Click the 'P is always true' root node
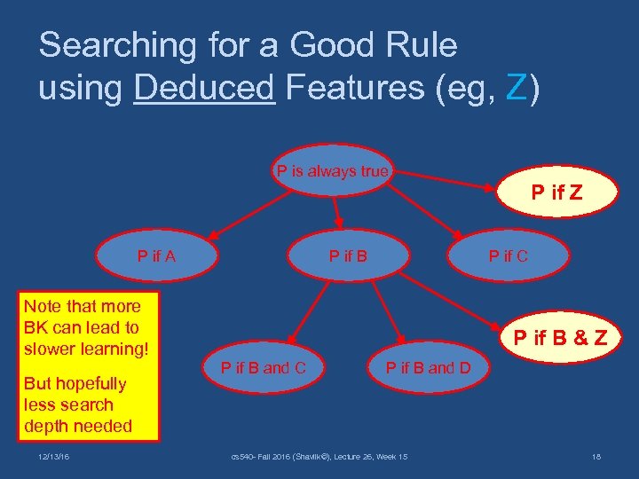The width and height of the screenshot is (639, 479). (x=332, y=171)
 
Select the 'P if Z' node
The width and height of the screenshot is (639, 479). (x=556, y=192)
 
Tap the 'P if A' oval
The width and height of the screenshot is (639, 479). (x=156, y=256)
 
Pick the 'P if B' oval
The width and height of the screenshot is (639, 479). (x=348, y=256)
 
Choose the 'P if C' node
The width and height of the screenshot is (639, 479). (x=508, y=256)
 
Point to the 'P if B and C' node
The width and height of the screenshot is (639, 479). (x=263, y=367)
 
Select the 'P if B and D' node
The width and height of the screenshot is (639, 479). (x=428, y=367)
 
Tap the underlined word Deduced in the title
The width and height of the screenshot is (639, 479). (x=204, y=87)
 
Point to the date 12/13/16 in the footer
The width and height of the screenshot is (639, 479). (x=54, y=456)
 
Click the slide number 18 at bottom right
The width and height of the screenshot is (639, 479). (x=596, y=456)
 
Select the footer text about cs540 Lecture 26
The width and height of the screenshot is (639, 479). (x=319, y=456)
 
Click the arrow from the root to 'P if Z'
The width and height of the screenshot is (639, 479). (x=444, y=178)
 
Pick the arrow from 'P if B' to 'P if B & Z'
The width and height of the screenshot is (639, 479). (x=444, y=307)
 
